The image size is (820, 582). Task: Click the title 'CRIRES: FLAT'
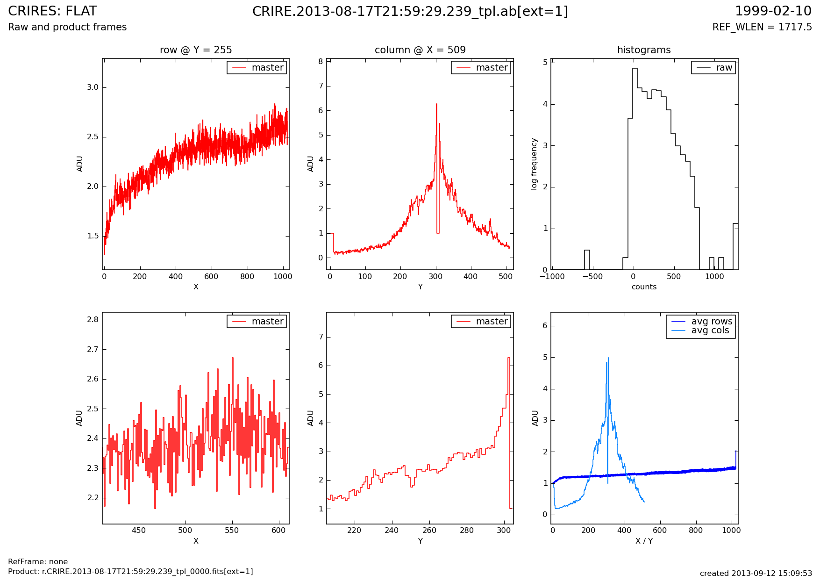(53, 11)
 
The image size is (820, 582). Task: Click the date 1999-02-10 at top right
(773, 11)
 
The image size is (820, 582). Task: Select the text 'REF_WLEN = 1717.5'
(762, 27)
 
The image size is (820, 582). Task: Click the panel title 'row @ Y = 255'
(196, 50)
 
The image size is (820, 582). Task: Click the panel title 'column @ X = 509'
(420, 50)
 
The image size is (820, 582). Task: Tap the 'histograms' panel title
(644, 50)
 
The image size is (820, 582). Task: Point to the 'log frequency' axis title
(534, 164)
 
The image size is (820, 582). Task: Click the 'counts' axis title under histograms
(644, 287)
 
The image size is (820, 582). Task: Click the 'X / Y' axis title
(644, 541)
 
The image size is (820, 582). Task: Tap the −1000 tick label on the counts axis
(552, 277)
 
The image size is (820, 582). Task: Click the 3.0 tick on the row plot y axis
(93, 87)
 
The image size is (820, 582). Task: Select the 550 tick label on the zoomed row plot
(232, 531)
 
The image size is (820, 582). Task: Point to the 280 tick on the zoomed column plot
(467, 531)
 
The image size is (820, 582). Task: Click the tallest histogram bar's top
(635, 69)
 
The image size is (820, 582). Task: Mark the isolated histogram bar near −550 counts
(587, 260)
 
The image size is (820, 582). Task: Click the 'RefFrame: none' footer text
(38, 562)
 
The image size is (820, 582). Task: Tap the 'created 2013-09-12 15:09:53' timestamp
(756, 574)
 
